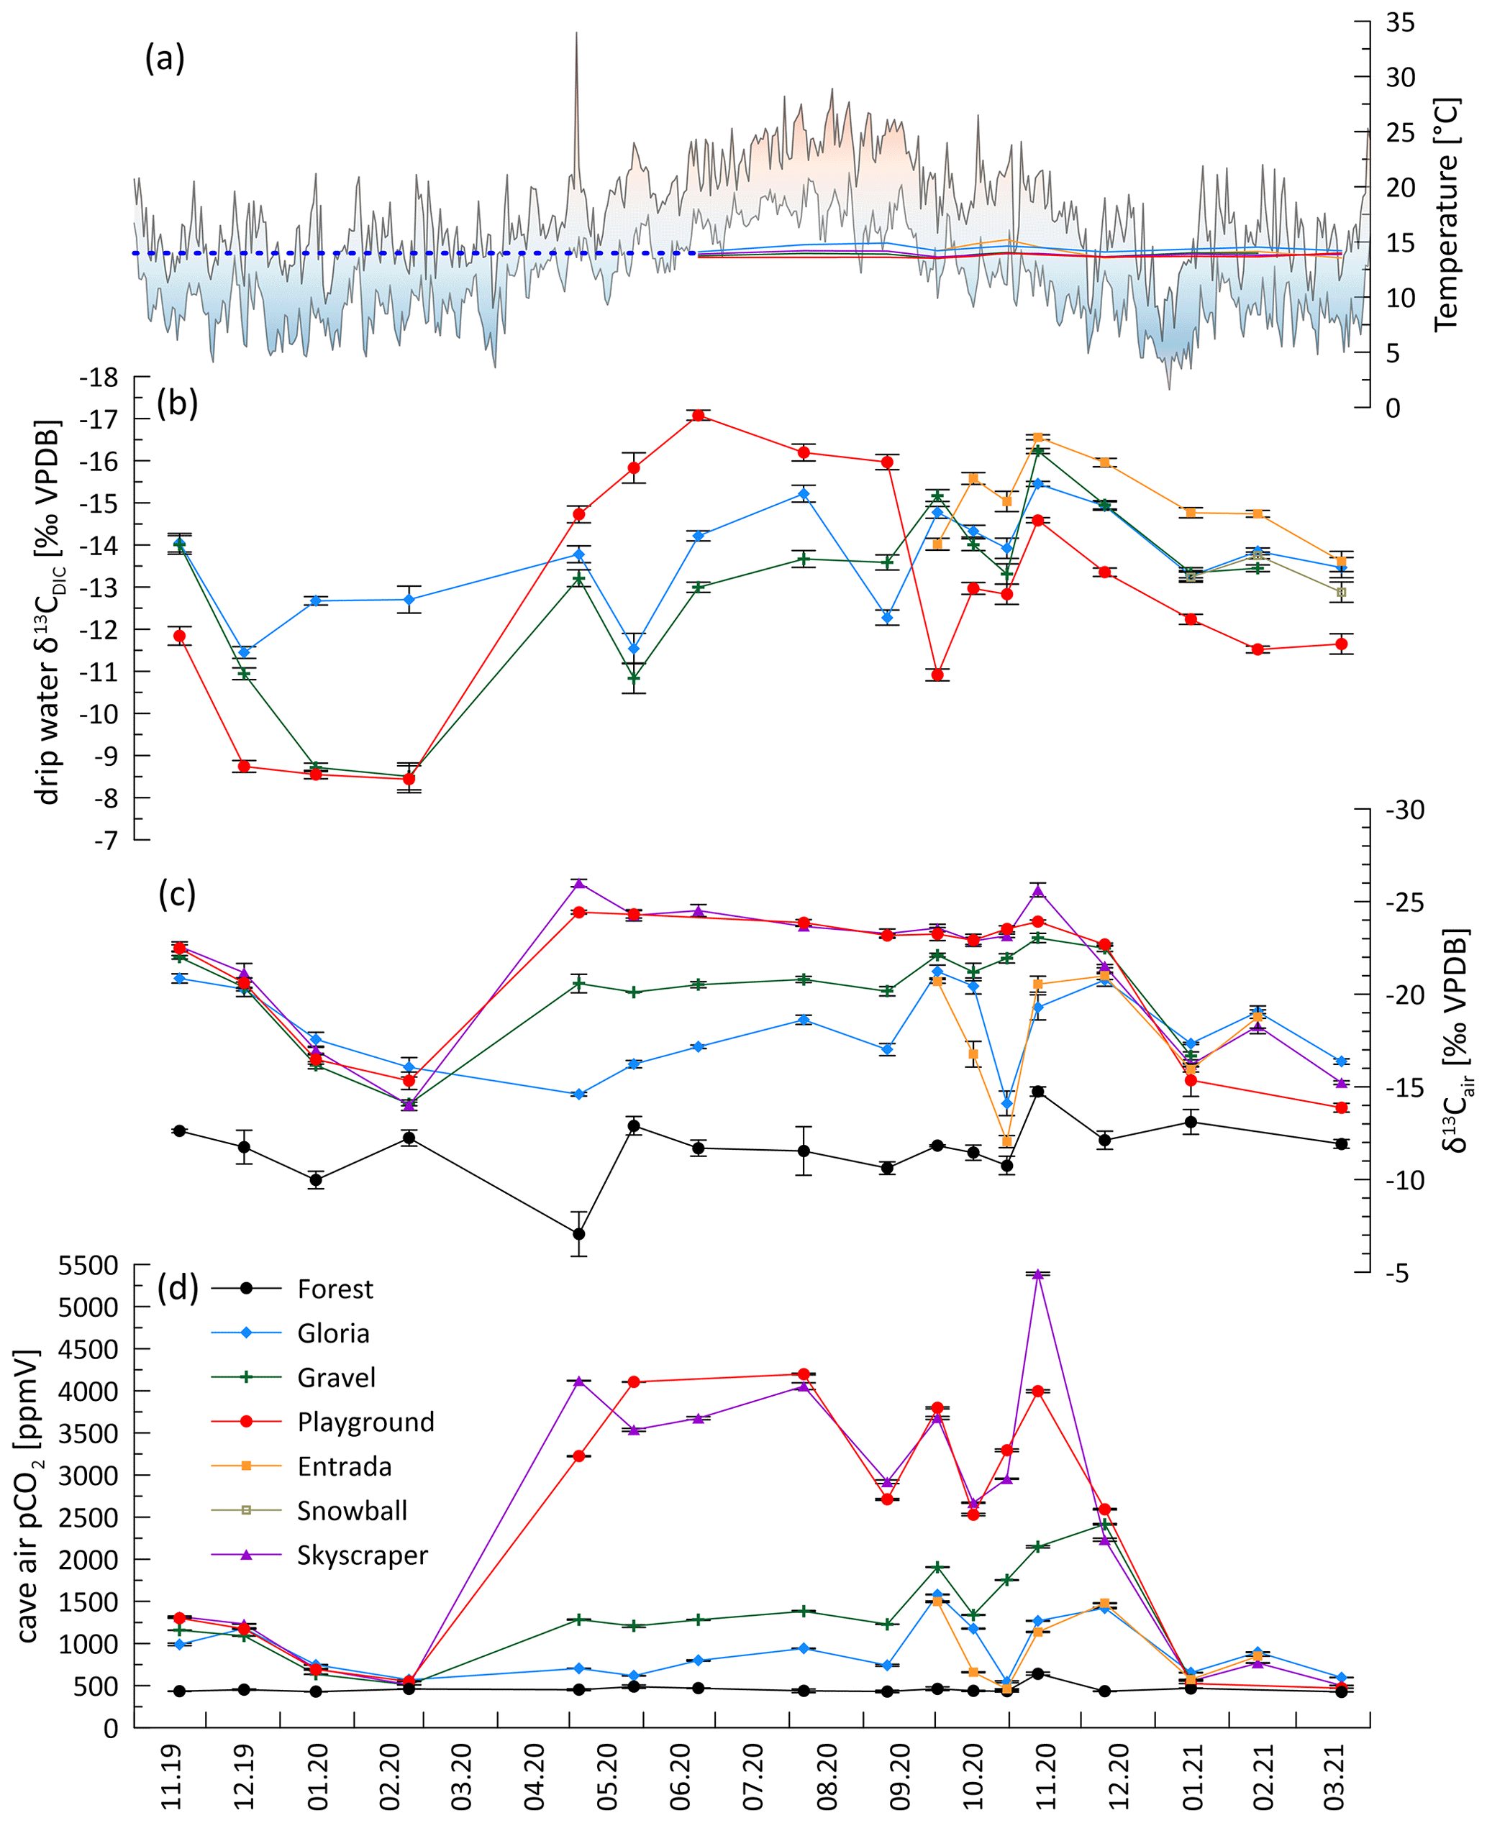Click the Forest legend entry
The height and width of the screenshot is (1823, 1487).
(335, 1289)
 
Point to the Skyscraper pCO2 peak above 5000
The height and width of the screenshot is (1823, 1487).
(1038, 1275)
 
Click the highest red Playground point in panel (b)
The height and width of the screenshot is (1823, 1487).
(699, 415)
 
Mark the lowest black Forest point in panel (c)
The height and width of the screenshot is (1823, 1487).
(579, 1234)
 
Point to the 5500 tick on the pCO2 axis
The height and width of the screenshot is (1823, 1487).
(88, 1266)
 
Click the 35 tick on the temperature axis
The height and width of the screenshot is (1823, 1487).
(1401, 23)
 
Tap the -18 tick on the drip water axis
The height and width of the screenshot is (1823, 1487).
(99, 378)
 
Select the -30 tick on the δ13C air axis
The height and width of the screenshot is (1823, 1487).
(1405, 810)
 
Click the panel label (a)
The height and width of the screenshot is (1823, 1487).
(165, 58)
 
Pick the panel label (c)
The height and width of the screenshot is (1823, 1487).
(177, 894)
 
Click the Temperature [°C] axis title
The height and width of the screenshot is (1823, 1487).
(1446, 214)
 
